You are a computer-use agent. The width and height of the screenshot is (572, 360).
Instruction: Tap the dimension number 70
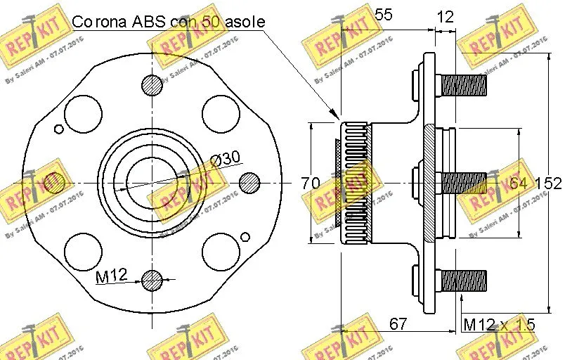(311, 184)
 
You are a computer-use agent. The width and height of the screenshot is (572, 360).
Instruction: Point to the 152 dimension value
(548, 184)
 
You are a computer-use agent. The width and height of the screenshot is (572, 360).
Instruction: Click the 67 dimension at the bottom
(398, 323)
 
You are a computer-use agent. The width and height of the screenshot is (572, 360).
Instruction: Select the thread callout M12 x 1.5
(499, 324)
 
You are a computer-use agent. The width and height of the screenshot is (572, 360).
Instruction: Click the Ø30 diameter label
(226, 160)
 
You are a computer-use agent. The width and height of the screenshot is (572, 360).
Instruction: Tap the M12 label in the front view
(111, 276)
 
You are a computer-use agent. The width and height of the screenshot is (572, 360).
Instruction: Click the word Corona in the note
(96, 21)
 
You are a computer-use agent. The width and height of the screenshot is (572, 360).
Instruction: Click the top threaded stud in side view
(464, 85)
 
